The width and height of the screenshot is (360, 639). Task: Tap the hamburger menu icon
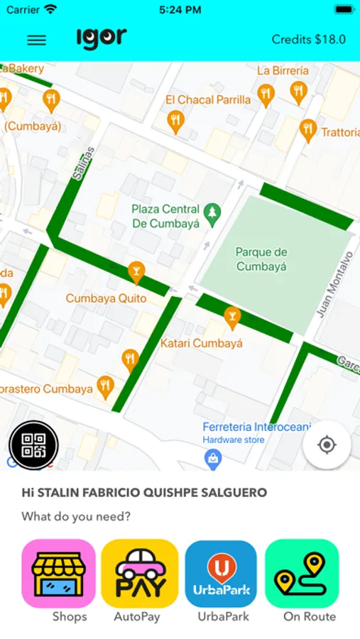[x=36, y=40]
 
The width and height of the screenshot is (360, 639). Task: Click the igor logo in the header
[x=102, y=38]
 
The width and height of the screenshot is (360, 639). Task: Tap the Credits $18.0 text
[x=309, y=40]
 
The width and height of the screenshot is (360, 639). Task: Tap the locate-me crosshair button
[x=327, y=445]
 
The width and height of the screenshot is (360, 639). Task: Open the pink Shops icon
[x=59, y=574]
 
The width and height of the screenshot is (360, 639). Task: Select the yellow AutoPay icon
[x=140, y=574]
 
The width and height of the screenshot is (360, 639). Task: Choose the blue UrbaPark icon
[x=221, y=574]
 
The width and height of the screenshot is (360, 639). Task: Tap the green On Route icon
[x=302, y=574]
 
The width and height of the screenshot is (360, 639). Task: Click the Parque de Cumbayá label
[x=261, y=259]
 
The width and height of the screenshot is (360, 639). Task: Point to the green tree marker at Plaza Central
[x=211, y=212]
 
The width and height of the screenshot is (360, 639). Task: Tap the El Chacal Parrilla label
[x=208, y=100]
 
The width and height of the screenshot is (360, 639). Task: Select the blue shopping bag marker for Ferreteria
[x=212, y=459]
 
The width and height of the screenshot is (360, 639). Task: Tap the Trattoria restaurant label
[x=340, y=132]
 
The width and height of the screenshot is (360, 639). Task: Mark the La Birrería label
[x=283, y=70]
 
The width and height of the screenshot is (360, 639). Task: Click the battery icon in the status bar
[x=344, y=10]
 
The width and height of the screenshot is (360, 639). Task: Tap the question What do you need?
[x=76, y=516]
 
